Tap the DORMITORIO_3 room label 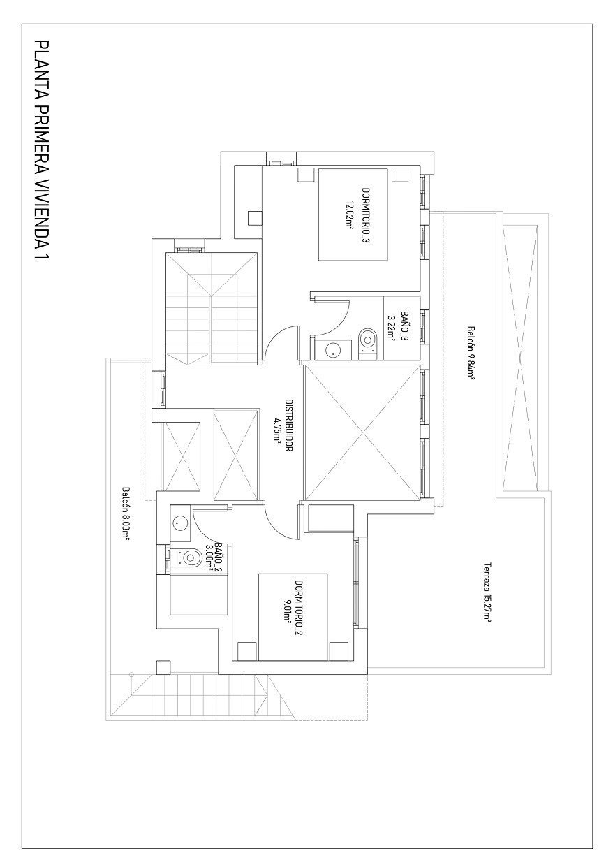point(365,214)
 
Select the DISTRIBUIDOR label point(288,425)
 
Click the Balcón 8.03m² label point(126,513)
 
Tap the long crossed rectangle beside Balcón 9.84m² point(519,356)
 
